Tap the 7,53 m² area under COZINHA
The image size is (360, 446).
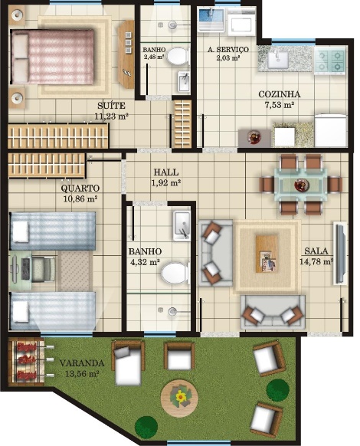280,105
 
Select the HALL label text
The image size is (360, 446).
166,172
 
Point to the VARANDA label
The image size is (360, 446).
82,363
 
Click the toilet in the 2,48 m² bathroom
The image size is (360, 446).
178,56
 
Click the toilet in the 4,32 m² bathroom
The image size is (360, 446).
175,273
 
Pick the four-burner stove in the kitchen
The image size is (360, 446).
330,61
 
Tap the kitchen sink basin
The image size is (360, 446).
277,60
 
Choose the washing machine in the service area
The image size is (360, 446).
241,21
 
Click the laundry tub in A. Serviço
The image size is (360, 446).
211,18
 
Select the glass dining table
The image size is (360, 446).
301,185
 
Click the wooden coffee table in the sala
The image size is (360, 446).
267,254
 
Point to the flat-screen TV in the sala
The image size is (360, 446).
339,254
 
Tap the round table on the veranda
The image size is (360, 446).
179,398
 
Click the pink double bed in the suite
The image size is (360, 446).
52,57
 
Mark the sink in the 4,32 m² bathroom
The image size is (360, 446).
182,226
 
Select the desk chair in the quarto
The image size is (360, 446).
44,269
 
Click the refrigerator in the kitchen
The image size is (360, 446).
330,130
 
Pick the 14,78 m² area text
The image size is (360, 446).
316,261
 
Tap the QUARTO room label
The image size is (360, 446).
80,188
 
